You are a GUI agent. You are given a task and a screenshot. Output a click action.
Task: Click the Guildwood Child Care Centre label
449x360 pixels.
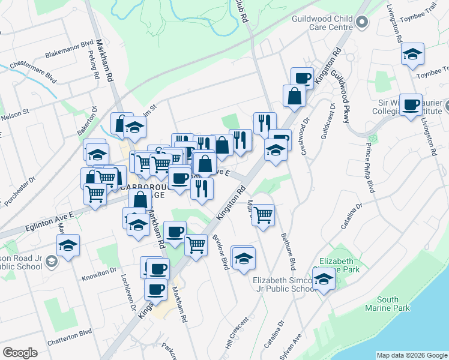pyautogui.click(x=322, y=23)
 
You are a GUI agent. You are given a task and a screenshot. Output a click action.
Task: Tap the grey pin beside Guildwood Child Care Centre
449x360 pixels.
pyautogui.click(x=361, y=23)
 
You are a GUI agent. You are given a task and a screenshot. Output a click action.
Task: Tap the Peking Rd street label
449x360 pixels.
pyautogui.click(x=94, y=68)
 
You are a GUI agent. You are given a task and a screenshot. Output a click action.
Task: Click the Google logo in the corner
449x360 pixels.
pyautogui.click(x=20, y=352)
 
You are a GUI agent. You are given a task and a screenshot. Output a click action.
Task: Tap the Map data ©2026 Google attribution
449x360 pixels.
pyautogui.click(x=411, y=355)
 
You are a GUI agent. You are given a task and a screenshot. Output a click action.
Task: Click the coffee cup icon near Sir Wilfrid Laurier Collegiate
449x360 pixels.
pyautogui.click(x=411, y=105)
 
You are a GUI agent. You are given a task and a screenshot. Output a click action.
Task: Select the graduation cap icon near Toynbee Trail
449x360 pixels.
pyautogui.click(x=412, y=54)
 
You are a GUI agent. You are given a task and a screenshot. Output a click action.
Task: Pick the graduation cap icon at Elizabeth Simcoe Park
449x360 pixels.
pyautogui.click(x=324, y=279)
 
